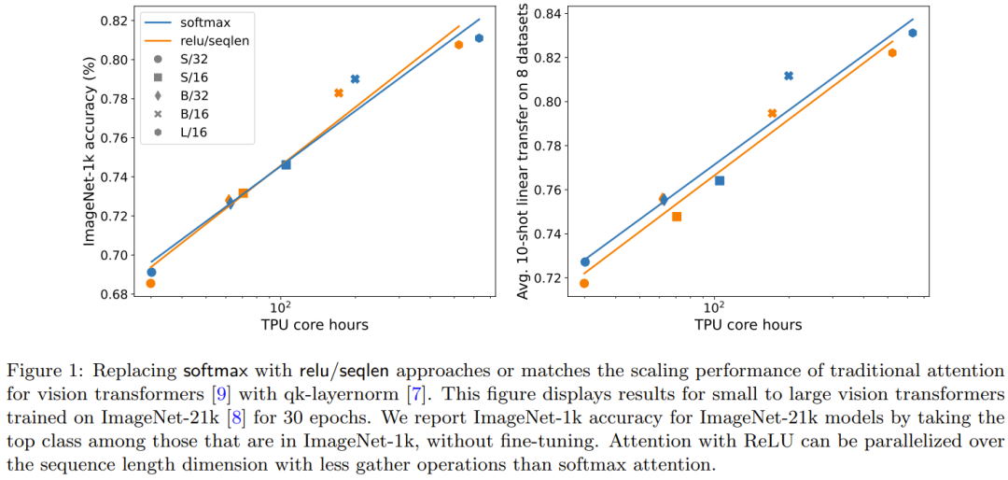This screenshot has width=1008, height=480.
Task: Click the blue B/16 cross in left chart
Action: [355, 79]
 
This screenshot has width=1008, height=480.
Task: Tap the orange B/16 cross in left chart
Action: [339, 93]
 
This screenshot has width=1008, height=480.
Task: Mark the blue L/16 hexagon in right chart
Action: [912, 33]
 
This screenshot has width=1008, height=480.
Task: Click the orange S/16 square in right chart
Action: [677, 217]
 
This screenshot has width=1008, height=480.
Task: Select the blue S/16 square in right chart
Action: [720, 180]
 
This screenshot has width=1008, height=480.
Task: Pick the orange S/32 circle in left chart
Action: [150, 283]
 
